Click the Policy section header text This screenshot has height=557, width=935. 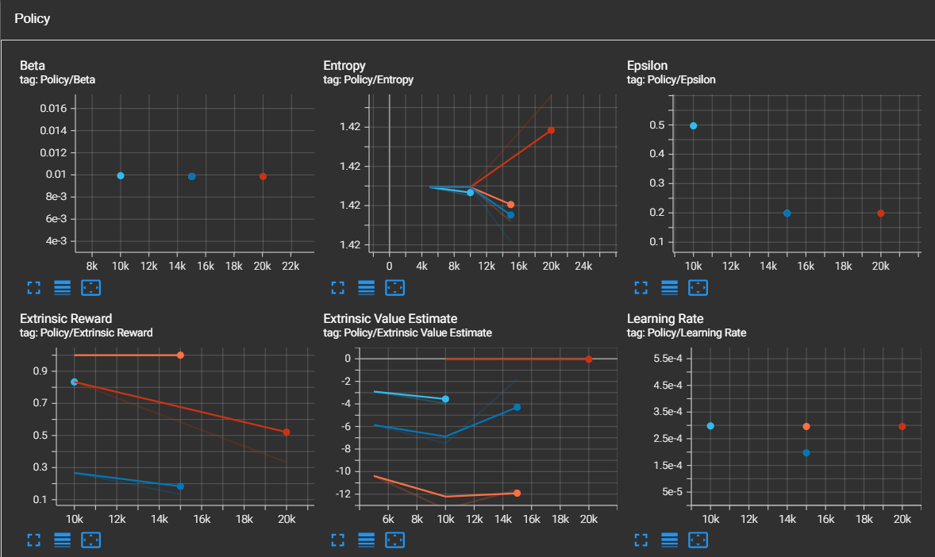(x=32, y=18)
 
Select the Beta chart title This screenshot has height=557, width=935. (x=33, y=66)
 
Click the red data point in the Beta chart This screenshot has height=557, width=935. (x=263, y=176)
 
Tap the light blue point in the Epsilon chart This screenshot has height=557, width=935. (x=694, y=126)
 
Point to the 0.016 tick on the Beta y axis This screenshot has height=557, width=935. (x=58, y=109)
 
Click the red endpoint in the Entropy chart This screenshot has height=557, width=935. (x=551, y=130)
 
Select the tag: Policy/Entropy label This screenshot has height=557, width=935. (x=368, y=80)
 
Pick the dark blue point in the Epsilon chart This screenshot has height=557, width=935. (x=787, y=213)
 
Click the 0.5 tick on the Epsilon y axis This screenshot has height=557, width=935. (x=656, y=125)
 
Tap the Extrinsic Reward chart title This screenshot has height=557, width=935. (x=66, y=319)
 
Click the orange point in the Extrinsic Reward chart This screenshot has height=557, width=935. (x=180, y=355)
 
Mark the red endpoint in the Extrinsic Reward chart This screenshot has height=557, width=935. (x=286, y=432)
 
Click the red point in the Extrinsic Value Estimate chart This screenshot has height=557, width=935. (x=588, y=359)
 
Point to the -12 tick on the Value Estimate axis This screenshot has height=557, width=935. (x=343, y=494)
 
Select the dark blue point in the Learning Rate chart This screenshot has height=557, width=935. (x=806, y=452)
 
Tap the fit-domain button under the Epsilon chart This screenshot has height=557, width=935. (x=698, y=287)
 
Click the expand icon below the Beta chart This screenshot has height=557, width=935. (x=33, y=287)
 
